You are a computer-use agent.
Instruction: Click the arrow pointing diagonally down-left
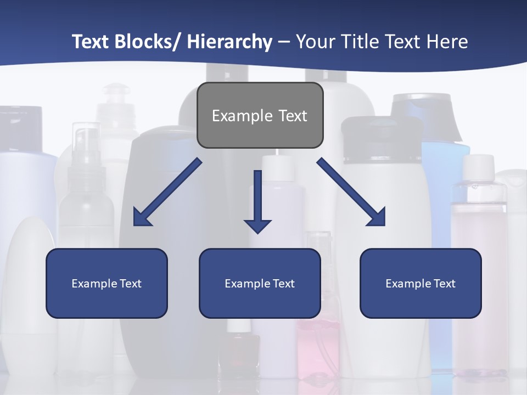(167, 192)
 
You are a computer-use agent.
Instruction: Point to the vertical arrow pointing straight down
(257, 200)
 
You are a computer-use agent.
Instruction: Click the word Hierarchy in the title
(229, 42)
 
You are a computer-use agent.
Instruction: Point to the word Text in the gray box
(293, 116)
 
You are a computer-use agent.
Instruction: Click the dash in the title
(284, 42)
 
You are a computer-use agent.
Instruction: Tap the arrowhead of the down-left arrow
(142, 218)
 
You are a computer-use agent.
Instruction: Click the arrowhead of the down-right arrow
(377, 217)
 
